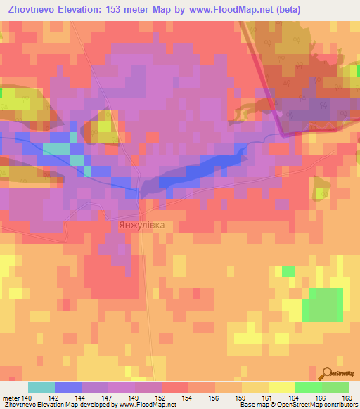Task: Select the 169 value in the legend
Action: (347, 397)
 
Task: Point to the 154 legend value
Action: (187, 397)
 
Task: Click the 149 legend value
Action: (134, 397)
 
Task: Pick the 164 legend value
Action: (293, 397)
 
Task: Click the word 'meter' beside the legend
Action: (11, 397)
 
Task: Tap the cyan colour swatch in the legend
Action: (41, 387)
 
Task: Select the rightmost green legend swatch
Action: (335, 387)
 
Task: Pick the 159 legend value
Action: (240, 397)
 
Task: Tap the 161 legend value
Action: (266, 397)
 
